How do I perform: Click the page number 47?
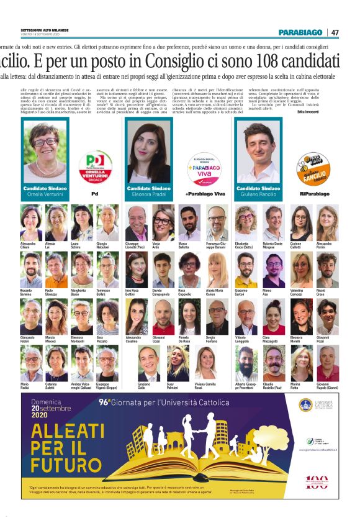[x=335, y=32]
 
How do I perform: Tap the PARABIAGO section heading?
[x=300, y=32]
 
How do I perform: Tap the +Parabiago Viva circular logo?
[x=204, y=168]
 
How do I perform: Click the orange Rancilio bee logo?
[x=313, y=166]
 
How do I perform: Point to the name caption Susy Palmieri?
[x=176, y=388]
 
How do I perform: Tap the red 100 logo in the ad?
[x=317, y=482]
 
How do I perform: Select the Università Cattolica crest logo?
[x=305, y=405]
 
